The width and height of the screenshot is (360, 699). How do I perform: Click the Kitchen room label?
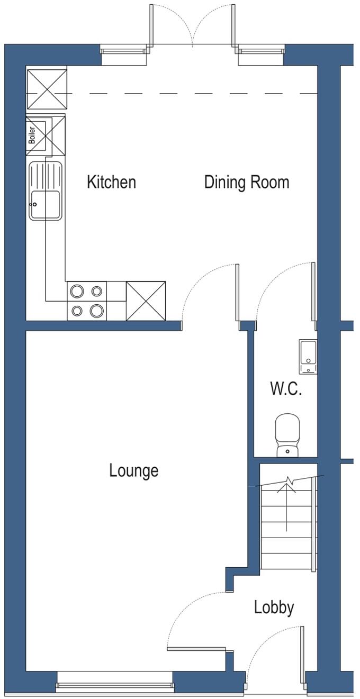pos(111,183)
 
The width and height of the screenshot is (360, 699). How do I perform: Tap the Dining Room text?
pos(247,183)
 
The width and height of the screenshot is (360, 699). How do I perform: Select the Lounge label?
pos(133,470)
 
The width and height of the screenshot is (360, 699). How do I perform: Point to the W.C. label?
pos(286,390)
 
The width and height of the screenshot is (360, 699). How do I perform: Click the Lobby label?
pos(274,607)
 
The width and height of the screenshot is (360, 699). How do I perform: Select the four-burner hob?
pos(87,301)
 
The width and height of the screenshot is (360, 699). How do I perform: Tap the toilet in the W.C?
pos(287,434)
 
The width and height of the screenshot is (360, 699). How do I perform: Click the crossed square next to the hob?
pos(146,301)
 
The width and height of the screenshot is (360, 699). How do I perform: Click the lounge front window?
pos(114,687)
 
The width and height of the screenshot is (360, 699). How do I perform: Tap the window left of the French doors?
pos(123,51)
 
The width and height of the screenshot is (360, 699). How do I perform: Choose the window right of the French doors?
pos(261,51)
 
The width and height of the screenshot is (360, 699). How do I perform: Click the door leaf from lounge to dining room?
pos(237,292)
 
